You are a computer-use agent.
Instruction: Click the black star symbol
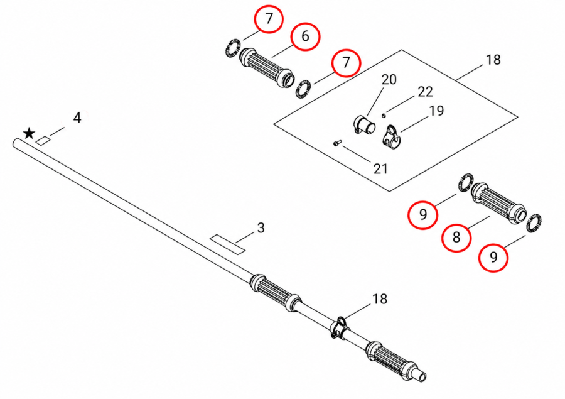pos(29,133)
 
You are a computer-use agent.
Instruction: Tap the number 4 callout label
pos(77,118)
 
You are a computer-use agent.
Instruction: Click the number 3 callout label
pos(261,227)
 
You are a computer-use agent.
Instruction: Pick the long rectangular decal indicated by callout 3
pos(228,244)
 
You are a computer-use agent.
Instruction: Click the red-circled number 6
pos(305,36)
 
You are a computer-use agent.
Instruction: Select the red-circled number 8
pos(456,237)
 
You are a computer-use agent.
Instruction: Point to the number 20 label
pos(389,79)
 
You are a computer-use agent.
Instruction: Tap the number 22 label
pos(425,92)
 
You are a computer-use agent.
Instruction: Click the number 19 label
pos(436,111)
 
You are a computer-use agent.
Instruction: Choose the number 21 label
pos(380,168)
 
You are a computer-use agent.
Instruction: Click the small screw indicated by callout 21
pos(337,144)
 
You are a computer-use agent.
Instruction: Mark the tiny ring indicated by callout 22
pos(384,116)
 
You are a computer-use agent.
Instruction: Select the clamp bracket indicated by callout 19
pos(390,137)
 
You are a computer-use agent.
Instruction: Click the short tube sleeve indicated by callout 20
pos(364,126)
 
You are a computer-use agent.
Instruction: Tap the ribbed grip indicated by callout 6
pos(267,68)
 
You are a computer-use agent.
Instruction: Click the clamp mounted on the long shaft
pos(340,327)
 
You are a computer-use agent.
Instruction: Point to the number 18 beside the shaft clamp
pos(379,298)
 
